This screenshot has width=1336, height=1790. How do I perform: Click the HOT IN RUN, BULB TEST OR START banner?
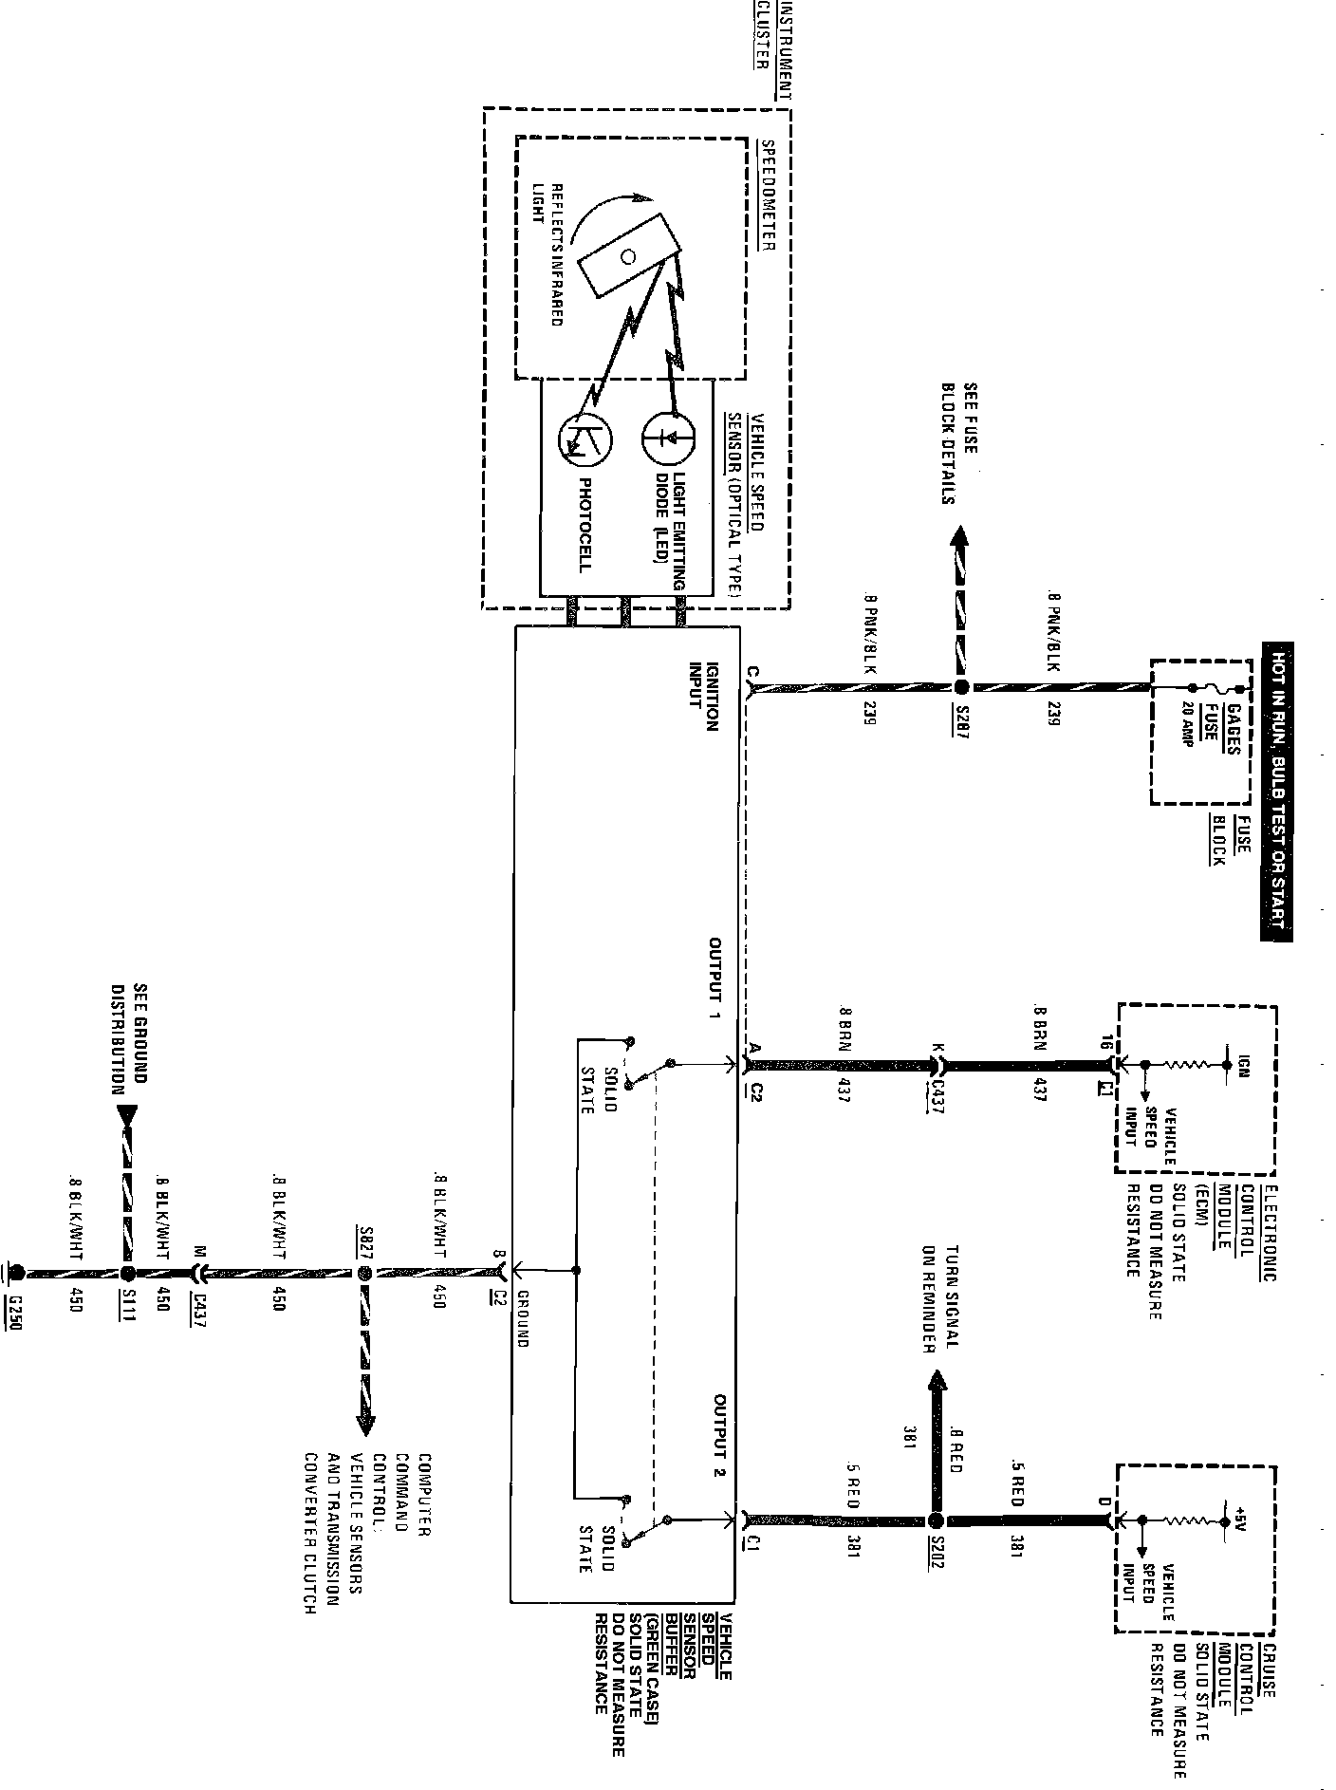(1277, 791)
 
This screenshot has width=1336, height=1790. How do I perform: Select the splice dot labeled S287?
(961, 687)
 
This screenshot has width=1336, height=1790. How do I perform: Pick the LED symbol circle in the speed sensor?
(668, 438)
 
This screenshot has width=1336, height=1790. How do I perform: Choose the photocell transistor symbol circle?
(586, 440)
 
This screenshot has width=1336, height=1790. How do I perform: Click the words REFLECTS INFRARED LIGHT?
(549, 253)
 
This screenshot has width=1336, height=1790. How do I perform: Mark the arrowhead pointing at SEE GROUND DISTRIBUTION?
(128, 1115)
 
